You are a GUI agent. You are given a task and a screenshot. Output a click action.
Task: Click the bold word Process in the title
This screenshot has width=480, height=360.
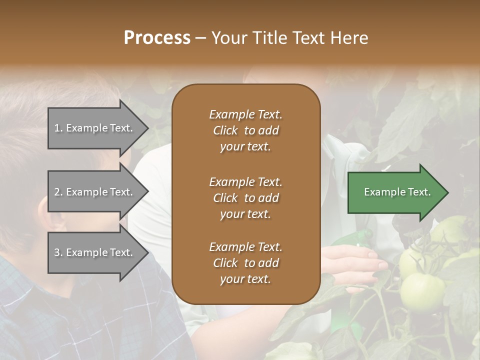click(157, 38)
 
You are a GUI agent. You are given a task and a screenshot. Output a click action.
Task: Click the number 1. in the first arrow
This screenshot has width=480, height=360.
click(58, 128)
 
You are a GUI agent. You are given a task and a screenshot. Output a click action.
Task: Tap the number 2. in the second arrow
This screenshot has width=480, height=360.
click(58, 192)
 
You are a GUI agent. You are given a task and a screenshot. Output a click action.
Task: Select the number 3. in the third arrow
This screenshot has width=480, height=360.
click(58, 252)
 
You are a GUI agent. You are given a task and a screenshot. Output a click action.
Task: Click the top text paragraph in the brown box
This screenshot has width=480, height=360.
click(245, 130)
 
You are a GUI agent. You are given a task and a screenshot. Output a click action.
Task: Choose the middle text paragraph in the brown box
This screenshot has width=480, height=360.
click(245, 198)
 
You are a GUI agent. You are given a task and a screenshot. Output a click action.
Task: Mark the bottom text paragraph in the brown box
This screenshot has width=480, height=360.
click(245, 263)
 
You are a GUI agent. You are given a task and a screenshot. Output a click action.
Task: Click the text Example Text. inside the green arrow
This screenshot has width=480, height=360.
click(397, 192)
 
